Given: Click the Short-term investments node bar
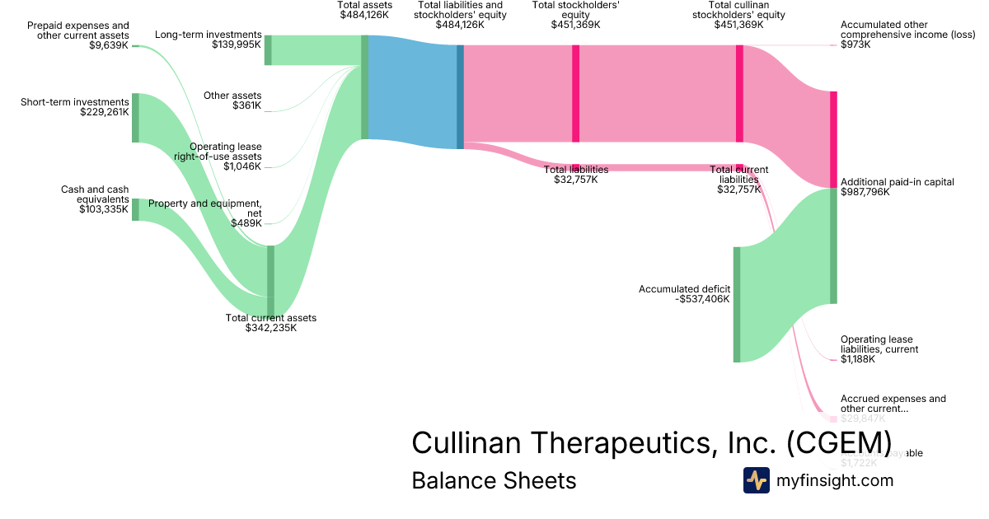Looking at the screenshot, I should pos(135,118).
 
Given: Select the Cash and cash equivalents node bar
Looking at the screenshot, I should pos(135,209).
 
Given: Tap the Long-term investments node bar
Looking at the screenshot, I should pos(268,50).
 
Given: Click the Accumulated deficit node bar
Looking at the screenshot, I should pos(737,304).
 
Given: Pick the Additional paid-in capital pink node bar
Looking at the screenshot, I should pos(833,139).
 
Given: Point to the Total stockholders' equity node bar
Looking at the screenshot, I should pos(575,94).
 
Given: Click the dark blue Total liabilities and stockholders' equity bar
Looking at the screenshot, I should pos(460,96).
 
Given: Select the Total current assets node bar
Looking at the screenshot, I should pos(270,281).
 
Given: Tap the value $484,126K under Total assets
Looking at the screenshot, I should pos(365,15).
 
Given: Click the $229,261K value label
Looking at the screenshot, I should pos(105,113).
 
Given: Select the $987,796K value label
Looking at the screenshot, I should pos(865,193).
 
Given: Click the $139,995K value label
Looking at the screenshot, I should pos(237,45).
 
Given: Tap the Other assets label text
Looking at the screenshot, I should pos(232,96).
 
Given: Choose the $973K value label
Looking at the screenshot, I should pos(855,44).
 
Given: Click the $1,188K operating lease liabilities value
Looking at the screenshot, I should pos(858,359).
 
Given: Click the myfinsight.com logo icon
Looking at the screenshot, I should pos(756,480).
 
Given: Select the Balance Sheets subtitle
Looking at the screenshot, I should pos(494,480).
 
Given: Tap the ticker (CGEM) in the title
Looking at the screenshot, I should pos(839,442).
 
